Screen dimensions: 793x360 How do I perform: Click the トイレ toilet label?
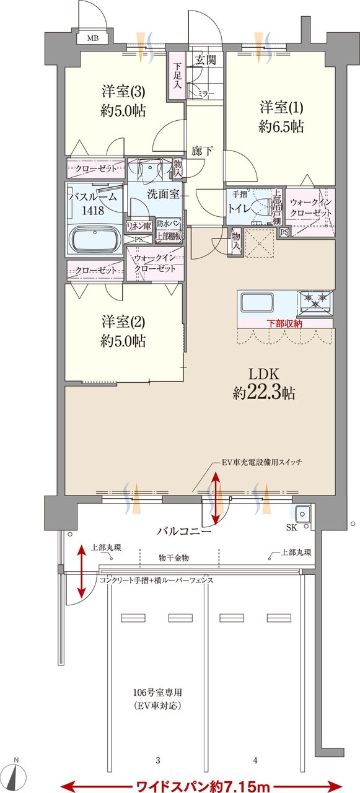coord(239,209)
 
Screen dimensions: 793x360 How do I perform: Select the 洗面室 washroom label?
coord(163,193)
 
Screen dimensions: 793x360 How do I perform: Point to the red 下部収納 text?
coord(286,323)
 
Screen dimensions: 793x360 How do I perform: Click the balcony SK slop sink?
coord(303,514)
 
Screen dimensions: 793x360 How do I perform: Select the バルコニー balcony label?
coord(184,531)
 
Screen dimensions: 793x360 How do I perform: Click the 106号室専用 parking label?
coord(159,693)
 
